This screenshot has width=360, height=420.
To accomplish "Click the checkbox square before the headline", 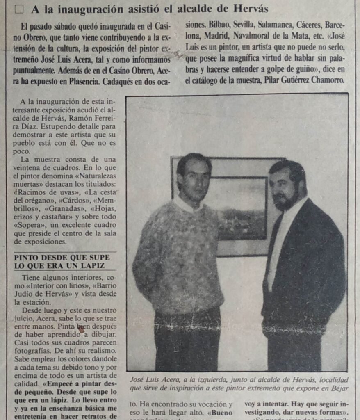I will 19,9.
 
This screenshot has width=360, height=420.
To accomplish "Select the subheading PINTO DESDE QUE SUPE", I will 62,257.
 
